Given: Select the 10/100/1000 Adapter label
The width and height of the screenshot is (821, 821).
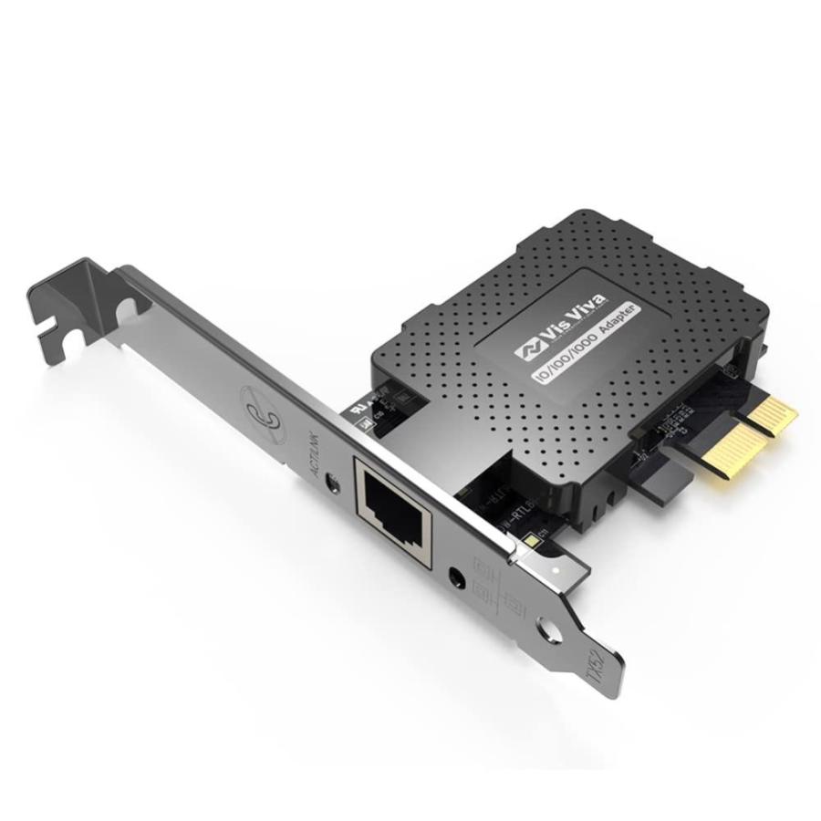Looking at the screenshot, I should click(x=584, y=342).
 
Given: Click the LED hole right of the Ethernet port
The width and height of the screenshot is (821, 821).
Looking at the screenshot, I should click(x=457, y=576).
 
